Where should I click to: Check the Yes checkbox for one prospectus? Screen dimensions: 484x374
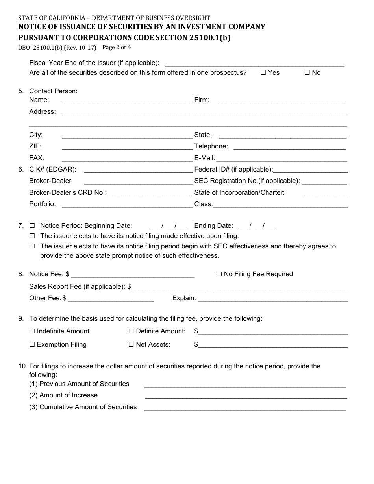[x=263, y=73]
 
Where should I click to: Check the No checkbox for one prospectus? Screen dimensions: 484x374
[x=307, y=73]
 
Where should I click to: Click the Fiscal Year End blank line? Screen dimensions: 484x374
[x=255, y=63]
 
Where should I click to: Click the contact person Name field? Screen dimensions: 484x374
[x=127, y=100]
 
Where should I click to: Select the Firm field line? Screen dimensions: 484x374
[x=282, y=100]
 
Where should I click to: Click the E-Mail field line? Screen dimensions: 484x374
[x=281, y=159]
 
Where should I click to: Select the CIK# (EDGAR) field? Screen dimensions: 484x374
[x=138, y=170]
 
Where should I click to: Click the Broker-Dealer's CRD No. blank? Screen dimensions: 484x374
[x=149, y=193]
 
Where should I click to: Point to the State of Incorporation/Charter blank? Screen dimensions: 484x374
[x=326, y=193]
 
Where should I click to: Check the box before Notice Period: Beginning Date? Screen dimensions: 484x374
[x=32, y=226]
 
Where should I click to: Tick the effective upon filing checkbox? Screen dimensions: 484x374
[x=32, y=236]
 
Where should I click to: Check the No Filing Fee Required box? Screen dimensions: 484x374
[x=219, y=274]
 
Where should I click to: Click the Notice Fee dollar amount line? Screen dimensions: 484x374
[x=133, y=275]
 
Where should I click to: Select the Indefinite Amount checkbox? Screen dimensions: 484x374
[x=32, y=331]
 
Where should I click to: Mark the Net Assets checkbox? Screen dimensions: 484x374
[x=131, y=345]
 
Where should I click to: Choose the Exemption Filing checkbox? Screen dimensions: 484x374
[x=32, y=345]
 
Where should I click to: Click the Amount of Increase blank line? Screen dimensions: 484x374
[x=246, y=396]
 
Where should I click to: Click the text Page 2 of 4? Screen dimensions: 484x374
[x=117, y=47]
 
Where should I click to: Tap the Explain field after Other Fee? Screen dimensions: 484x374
[x=272, y=299]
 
